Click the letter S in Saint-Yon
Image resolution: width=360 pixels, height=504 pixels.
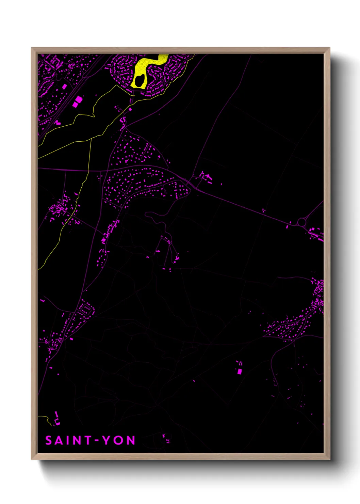click(49, 440)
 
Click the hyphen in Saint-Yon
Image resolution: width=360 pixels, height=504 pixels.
click(97, 440)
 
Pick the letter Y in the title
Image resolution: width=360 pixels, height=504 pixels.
click(107, 440)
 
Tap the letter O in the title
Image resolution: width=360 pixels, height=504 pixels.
click(118, 440)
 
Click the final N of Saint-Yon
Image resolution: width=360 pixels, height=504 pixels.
click(131, 440)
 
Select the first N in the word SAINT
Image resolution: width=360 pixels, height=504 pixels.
click(78, 440)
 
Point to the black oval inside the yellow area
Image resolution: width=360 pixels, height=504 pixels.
click(139, 81)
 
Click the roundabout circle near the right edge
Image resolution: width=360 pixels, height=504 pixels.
click(301, 222)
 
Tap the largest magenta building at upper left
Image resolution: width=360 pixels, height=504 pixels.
click(78, 100)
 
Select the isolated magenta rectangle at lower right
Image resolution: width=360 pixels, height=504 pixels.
click(239, 371)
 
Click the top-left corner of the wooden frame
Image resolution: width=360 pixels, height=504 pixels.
click(32, 48)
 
